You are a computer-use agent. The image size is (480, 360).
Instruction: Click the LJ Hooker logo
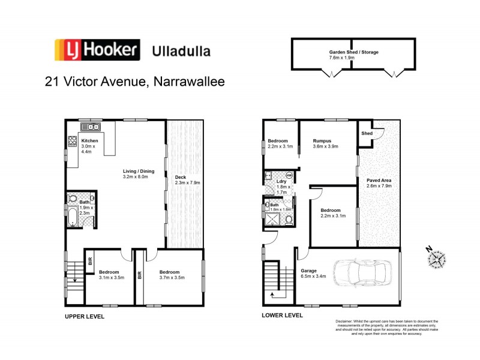(x=97, y=50)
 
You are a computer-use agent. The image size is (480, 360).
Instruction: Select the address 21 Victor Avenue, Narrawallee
(x=135, y=81)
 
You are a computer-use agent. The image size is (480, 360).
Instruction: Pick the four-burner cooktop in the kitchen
(x=72, y=142)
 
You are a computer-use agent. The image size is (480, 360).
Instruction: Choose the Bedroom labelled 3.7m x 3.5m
(x=172, y=275)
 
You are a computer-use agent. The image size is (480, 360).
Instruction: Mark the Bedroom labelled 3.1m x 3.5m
(x=111, y=275)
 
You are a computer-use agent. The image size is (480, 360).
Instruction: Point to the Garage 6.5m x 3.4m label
(x=313, y=274)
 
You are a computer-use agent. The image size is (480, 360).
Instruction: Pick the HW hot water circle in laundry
(x=289, y=176)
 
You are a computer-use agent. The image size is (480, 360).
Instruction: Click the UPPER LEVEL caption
(x=84, y=316)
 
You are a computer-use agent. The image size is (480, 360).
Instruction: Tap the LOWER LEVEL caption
(x=282, y=314)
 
